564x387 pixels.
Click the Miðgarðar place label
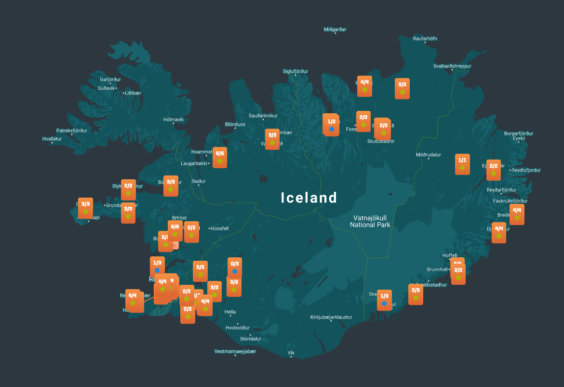[335, 29]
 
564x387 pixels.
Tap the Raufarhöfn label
[425, 39]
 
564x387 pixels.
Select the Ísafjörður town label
[110, 79]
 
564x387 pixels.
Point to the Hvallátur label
[52, 139]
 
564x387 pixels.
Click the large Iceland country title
[309, 198]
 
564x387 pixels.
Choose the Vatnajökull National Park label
[370, 221]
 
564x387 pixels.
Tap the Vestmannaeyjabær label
[235, 351]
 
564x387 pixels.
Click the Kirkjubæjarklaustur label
[331, 317]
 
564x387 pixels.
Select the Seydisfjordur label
[526, 170]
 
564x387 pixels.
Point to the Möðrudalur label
[429, 155]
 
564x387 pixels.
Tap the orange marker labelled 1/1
[462, 164]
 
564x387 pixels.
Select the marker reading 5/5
[200, 271]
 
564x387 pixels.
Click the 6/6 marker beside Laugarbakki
[220, 157]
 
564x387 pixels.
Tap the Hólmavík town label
[174, 120]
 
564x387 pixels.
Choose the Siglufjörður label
[295, 71]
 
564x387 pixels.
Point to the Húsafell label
[220, 228]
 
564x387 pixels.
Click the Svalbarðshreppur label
[452, 66]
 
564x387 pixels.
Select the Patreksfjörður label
[72, 131]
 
